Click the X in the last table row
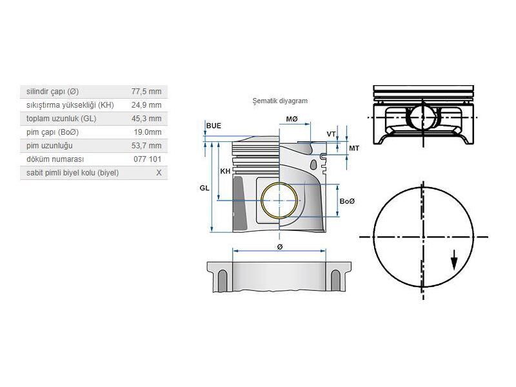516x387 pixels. (x=159, y=173)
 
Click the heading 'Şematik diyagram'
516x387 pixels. (x=280, y=101)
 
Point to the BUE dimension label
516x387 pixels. (x=213, y=125)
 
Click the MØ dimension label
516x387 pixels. (x=292, y=119)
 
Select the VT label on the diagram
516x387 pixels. (x=331, y=134)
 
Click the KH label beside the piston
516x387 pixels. (x=225, y=172)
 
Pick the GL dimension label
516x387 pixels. (x=204, y=188)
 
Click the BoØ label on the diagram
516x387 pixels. (x=347, y=202)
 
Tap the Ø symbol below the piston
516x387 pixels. (x=279, y=247)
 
